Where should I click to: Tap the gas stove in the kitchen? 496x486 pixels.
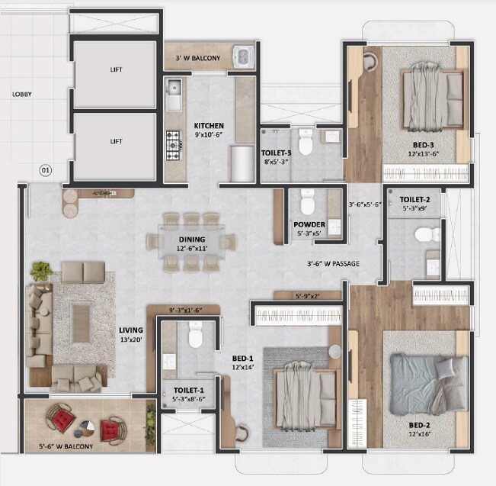pos(174,143)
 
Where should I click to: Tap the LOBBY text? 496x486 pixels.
pos(21,95)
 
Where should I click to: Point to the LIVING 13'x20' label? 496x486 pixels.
pos(130,334)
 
